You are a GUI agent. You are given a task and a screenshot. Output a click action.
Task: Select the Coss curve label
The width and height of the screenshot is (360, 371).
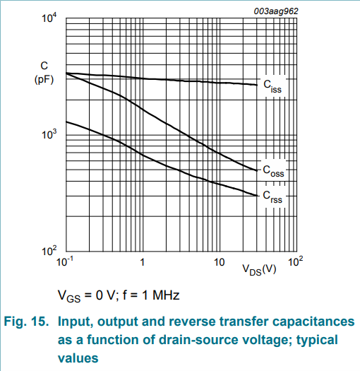click(x=273, y=171)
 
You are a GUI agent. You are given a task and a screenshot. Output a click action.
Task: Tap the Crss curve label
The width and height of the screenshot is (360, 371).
click(x=272, y=197)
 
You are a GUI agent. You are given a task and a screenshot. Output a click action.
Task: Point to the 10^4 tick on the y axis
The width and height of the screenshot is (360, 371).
click(x=49, y=18)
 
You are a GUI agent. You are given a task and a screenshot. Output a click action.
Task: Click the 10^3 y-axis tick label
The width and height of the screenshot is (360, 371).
click(x=49, y=134)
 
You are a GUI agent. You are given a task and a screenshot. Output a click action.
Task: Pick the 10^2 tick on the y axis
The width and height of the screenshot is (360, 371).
click(x=49, y=251)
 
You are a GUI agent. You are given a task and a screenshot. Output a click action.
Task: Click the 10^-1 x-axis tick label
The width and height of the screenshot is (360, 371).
click(x=65, y=261)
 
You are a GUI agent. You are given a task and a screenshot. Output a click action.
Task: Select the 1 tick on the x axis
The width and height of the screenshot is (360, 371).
click(x=143, y=262)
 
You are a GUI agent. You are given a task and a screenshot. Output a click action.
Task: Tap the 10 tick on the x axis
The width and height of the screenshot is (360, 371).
click(x=219, y=262)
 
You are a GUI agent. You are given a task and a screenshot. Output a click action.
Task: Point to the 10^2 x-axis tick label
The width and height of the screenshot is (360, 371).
click(x=295, y=261)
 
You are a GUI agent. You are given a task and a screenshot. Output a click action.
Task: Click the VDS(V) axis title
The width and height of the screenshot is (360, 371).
click(x=259, y=269)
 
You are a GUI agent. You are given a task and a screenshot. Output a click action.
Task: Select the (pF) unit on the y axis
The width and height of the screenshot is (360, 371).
click(x=44, y=79)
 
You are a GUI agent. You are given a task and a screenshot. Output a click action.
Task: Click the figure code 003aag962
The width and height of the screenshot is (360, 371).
click(x=276, y=11)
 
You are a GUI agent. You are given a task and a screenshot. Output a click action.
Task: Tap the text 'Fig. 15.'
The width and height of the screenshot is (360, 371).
click(x=26, y=322)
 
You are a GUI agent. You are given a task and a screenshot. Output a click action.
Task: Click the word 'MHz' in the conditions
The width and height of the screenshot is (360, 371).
click(x=166, y=295)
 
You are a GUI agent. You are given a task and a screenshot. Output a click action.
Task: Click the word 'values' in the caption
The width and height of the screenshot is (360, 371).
click(x=78, y=358)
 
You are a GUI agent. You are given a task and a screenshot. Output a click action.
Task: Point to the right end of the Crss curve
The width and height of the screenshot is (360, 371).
click(x=257, y=196)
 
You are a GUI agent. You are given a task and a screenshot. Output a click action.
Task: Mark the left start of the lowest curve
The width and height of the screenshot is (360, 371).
click(x=66, y=122)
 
